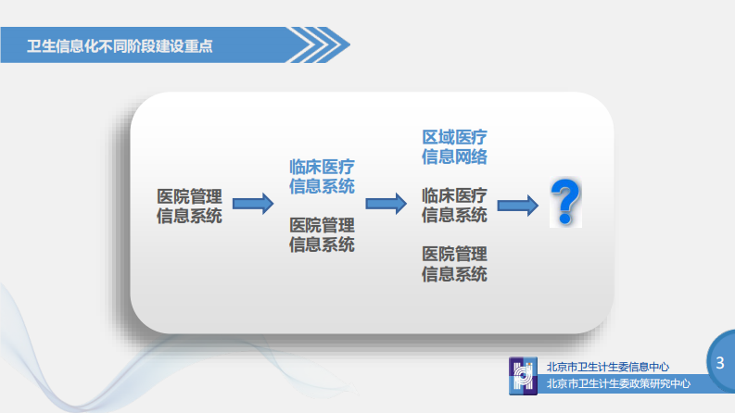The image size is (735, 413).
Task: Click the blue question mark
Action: point(564,203)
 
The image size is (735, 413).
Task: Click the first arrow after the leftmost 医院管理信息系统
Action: point(253,204)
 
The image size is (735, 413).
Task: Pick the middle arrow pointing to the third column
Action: point(387,204)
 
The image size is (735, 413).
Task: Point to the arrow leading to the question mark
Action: point(518,205)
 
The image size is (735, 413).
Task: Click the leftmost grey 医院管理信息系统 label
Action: point(190,206)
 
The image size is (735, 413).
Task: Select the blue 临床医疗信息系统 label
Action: point(322,176)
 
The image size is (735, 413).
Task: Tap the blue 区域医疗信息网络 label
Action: point(454,146)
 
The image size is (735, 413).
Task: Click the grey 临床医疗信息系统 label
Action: point(454,206)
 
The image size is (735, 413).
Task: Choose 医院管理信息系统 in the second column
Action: point(322,235)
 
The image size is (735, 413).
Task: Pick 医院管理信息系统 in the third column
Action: point(454,264)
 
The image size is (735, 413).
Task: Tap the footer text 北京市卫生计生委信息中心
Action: point(607,367)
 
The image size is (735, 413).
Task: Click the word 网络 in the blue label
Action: point(471,156)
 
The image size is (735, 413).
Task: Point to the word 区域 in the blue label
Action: point(437,137)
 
